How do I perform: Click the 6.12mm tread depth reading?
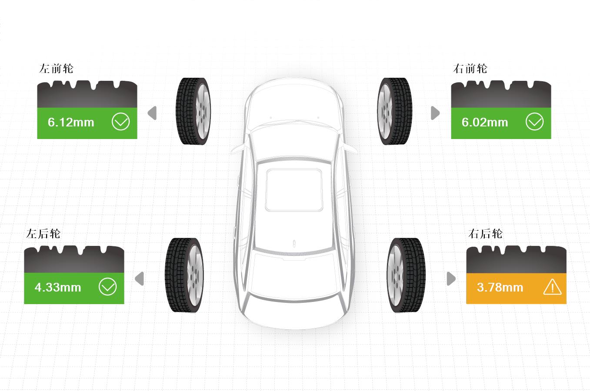coord(71,123)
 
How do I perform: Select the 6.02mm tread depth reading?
coord(485,123)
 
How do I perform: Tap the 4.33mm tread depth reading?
coord(58,287)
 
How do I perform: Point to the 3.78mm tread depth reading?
coord(500,287)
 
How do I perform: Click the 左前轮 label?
coord(56,69)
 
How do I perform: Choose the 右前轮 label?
coord(470,69)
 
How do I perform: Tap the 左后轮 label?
coord(43,234)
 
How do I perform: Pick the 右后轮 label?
coord(485,234)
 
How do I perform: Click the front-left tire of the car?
coord(193,111)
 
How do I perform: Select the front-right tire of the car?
coord(394,111)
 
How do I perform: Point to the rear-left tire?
coord(184,275)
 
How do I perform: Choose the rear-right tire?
coord(406,275)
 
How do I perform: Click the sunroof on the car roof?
coord(294,190)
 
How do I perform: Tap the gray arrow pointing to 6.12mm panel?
coord(152,113)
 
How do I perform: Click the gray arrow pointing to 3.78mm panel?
coord(451,278)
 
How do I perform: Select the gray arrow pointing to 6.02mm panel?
coord(435,113)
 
